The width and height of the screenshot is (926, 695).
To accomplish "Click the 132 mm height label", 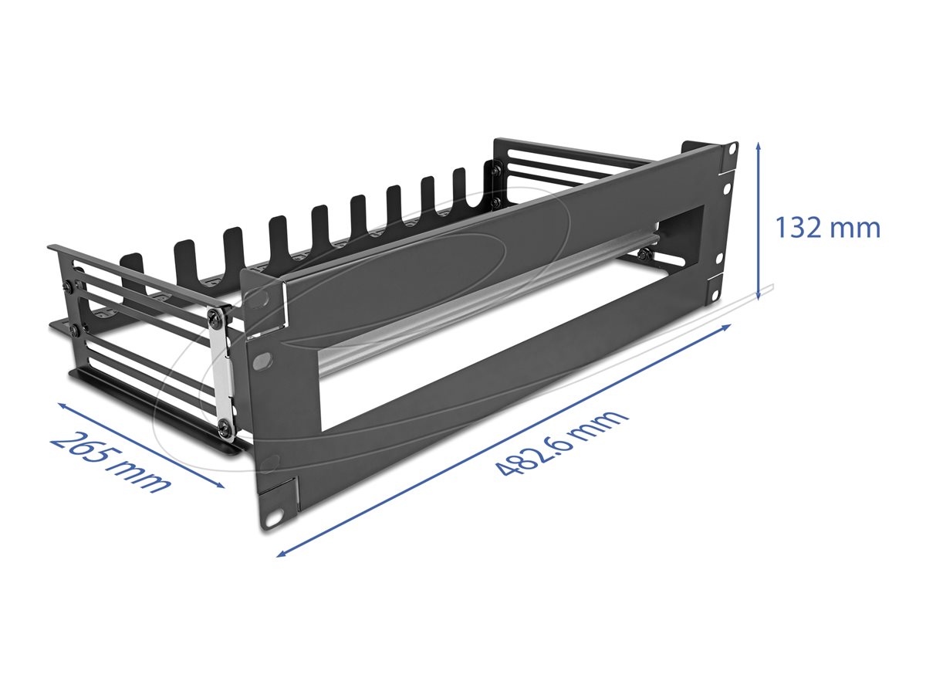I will tap(827, 229).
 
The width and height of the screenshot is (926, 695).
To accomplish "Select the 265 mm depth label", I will tap(110, 461).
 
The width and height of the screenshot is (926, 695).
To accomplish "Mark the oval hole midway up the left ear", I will tap(263, 360).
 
